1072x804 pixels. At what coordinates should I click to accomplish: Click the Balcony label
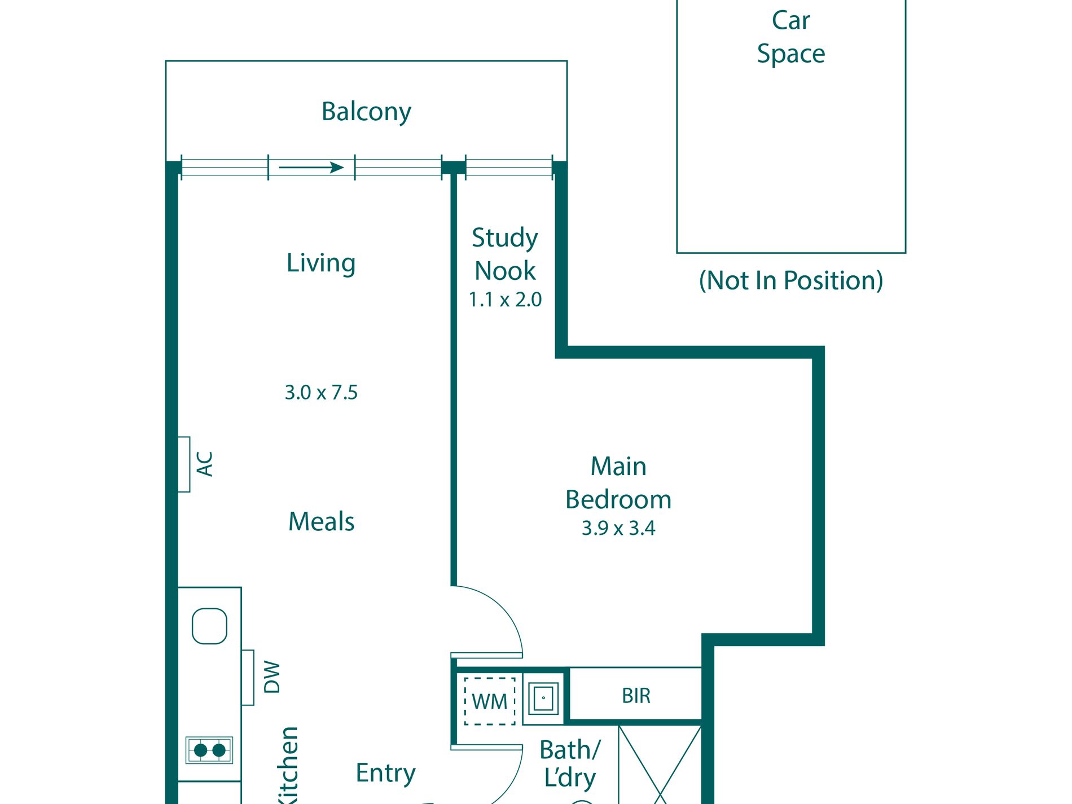(x=366, y=112)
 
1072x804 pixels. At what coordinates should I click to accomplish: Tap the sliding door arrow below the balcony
(x=311, y=168)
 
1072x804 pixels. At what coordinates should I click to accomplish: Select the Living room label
(x=321, y=263)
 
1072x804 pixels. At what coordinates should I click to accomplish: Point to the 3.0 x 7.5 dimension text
(x=321, y=392)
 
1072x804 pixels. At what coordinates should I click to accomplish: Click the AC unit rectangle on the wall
(x=184, y=464)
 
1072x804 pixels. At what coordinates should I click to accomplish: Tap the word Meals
(x=321, y=521)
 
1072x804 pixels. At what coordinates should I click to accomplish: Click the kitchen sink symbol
(x=209, y=626)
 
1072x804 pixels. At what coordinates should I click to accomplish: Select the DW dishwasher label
(x=271, y=677)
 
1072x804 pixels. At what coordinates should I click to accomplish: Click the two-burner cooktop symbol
(x=209, y=750)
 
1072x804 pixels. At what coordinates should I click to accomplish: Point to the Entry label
(x=385, y=772)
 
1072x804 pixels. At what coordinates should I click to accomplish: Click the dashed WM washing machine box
(x=489, y=701)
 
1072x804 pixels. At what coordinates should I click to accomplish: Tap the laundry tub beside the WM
(x=543, y=698)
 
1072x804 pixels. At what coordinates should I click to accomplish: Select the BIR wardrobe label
(x=636, y=696)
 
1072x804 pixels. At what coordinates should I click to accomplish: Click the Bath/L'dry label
(x=570, y=763)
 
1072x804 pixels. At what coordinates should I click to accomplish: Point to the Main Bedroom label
(x=618, y=483)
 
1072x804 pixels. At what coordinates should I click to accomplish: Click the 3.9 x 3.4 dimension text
(x=618, y=528)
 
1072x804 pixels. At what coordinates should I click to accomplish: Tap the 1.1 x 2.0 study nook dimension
(x=505, y=300)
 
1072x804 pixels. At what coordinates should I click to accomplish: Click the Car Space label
(x=790, y=37)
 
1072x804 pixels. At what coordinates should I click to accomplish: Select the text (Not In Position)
(x=790, y=280)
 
